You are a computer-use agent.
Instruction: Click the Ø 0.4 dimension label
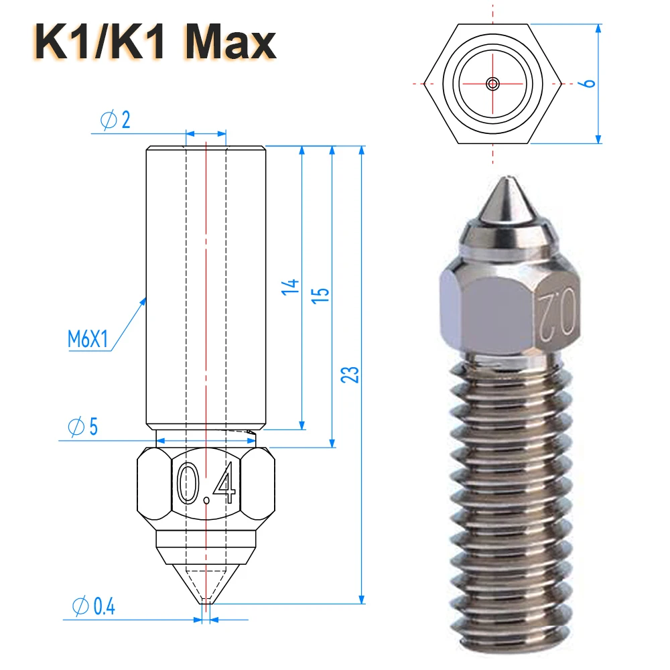pyautogui.click(x=93, y=606)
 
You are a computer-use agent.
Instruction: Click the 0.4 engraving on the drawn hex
pyautogui.click(x=206, y=484)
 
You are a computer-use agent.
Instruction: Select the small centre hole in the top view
pyautogui.click(x=493, y=84)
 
